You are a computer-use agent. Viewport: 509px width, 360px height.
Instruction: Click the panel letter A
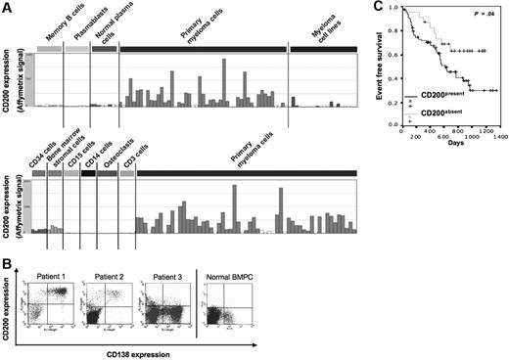[x=8, y=8]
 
